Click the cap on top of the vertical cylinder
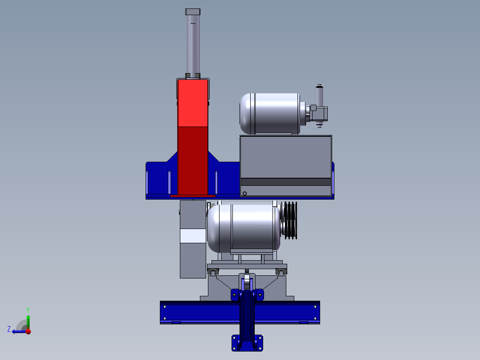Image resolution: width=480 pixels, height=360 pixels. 192,12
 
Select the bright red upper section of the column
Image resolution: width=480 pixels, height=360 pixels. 193,103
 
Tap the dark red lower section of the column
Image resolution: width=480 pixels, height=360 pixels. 193,160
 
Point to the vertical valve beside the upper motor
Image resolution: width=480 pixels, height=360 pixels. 319,106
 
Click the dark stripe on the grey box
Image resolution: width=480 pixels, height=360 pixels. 285,182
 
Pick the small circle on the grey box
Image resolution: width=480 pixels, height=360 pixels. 244,193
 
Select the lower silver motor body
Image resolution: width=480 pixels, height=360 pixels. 244,228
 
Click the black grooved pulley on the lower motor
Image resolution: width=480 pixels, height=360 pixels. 290,220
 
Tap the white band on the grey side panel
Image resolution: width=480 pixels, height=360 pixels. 193,236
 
